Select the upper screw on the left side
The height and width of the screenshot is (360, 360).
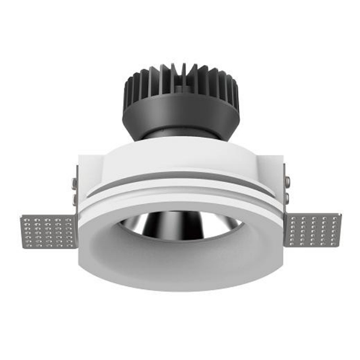[x=74, y=182]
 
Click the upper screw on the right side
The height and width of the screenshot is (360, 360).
[x=287, y=182]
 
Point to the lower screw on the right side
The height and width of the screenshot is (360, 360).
[x=287, y=198]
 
